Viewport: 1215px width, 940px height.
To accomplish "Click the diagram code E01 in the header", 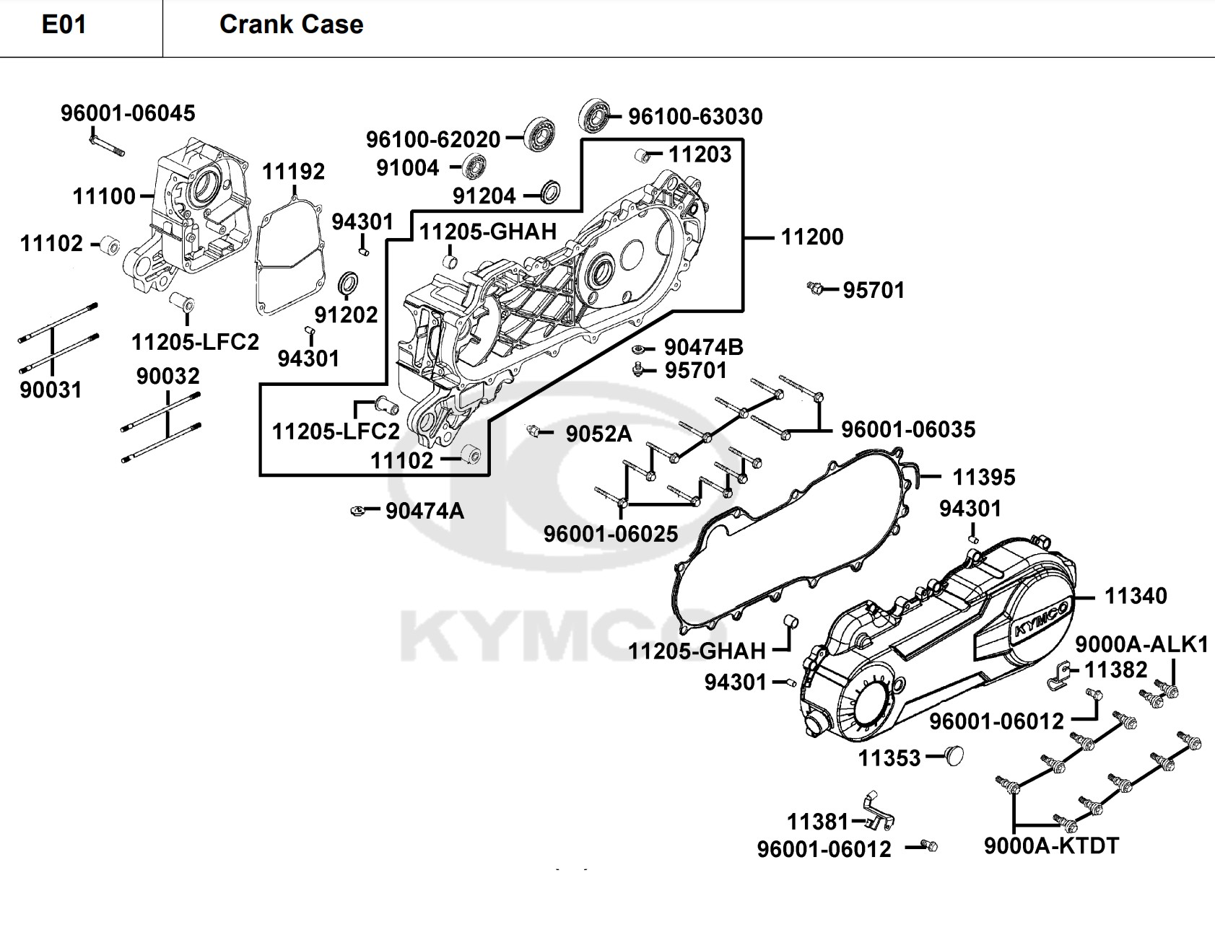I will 64,25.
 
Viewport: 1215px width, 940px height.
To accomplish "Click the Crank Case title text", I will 291,25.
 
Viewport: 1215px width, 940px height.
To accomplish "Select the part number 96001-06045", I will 128,113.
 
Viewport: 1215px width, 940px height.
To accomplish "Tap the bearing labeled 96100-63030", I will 595,114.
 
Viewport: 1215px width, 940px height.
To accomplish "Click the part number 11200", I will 812,237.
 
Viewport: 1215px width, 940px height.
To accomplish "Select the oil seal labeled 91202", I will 349,284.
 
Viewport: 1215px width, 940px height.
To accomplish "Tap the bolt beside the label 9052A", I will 535,431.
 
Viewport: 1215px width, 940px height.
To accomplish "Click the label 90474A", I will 424,511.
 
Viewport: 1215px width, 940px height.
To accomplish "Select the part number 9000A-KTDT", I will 1051,845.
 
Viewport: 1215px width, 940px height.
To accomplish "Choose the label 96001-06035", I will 908,430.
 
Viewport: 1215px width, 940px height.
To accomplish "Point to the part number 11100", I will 104,196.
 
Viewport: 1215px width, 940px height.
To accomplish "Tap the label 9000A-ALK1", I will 1141,644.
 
